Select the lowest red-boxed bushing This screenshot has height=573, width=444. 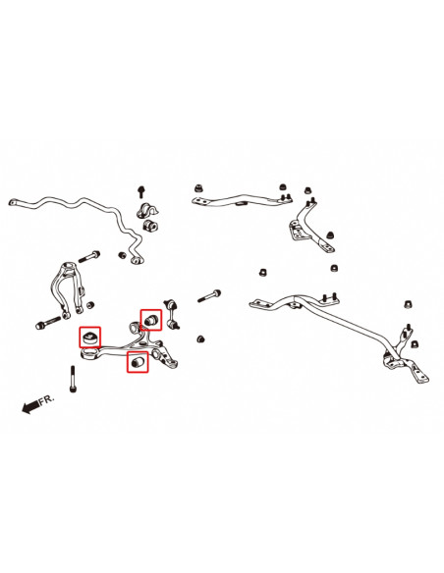point(139,363)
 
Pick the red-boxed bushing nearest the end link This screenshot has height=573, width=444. point(151,319)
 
